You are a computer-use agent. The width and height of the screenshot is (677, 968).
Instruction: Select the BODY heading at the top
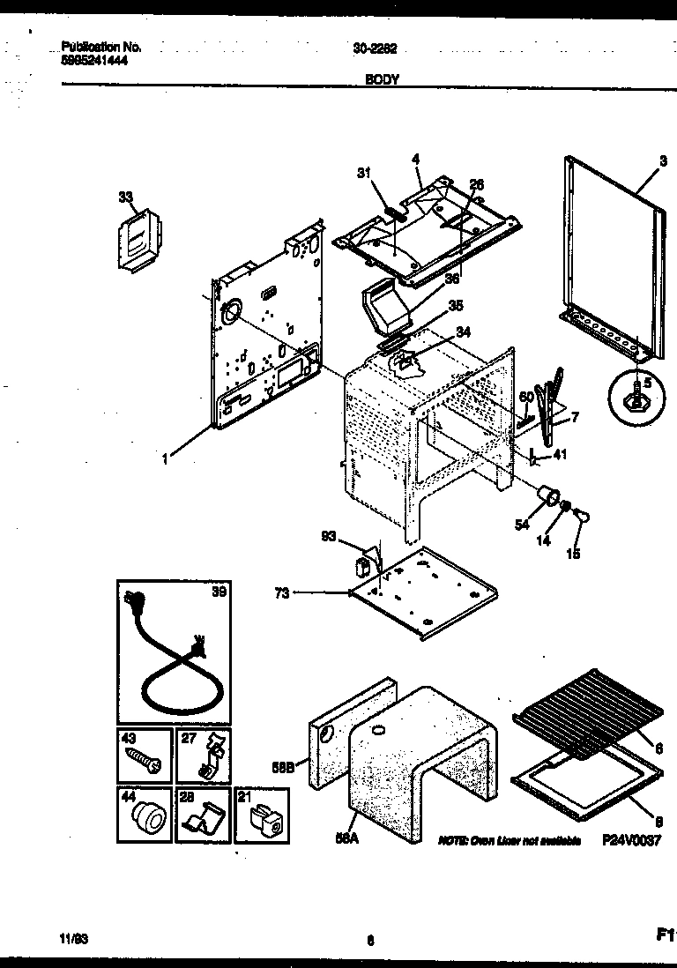[381, 79]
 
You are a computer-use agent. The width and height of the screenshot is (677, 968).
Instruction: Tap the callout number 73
[282, 593]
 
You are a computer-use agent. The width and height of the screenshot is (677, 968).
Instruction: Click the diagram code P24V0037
[631, 842]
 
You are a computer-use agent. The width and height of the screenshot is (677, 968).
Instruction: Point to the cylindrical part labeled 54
[551, 496]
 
